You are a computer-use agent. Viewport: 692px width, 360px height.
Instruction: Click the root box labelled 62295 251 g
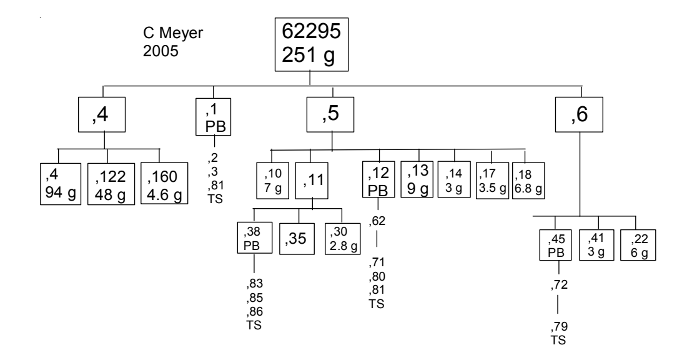pyautogui.click(x=311, y=44)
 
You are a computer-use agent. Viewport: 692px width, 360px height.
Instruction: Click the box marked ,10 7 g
pyautogui.click(x=272, y=179)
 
